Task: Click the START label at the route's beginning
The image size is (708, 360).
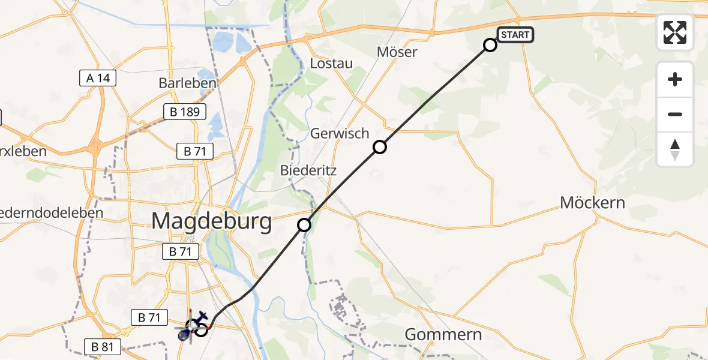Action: [x=515, y=35]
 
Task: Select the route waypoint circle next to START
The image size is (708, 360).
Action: [x=490, y=45]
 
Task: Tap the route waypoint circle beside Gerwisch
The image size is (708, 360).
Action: [x=380, y=147]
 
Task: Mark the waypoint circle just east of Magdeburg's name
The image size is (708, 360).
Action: [x=304, y=225]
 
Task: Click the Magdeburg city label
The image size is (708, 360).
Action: [x=211, y=221]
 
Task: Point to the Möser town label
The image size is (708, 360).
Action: [x=397, y=52]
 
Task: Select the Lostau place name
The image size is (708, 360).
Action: [x=331, y=64]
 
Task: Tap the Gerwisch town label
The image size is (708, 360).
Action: [x=340, y=133]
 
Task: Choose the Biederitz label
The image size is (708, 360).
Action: [x=308, y=170]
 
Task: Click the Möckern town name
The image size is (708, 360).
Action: [x=592, y=203]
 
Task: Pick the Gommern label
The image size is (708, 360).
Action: [x=443, y=334]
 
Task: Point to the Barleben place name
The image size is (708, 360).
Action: [x=187, y=83]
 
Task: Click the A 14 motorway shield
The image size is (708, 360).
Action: [x=98, y=77]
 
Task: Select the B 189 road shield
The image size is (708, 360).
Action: [x=185, y=112]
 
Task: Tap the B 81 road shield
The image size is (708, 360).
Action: [x=103, y=346]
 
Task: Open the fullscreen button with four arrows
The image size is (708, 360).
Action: [x=675, y=32]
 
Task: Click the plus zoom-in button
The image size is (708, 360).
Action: [x=675, y=79]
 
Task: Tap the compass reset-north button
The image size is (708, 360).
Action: [x=675, y=149]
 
